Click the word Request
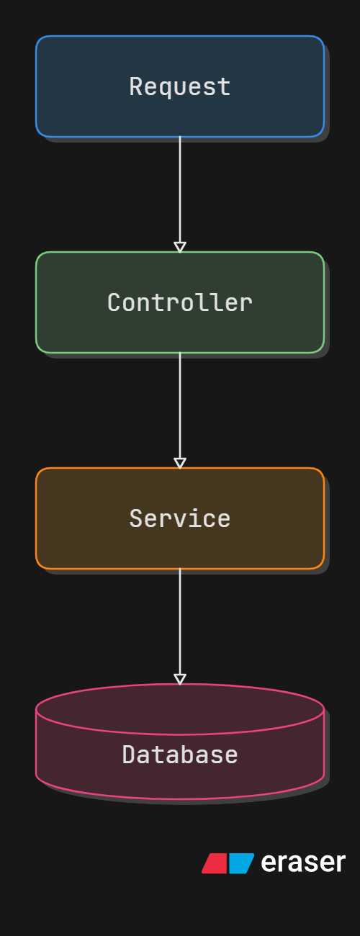point(179,87)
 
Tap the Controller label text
point(179,302)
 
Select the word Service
point(179,518)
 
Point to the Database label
point(179,755)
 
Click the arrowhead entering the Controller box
point(180,247)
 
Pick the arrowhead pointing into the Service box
point(180,464)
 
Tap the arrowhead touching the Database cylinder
point(180,679)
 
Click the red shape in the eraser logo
point(215,863)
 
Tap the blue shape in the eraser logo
point(241,863)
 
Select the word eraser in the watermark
point(303,863)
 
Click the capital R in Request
point(136,86)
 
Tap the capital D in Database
point(129,755)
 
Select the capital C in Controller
point(114,302)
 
